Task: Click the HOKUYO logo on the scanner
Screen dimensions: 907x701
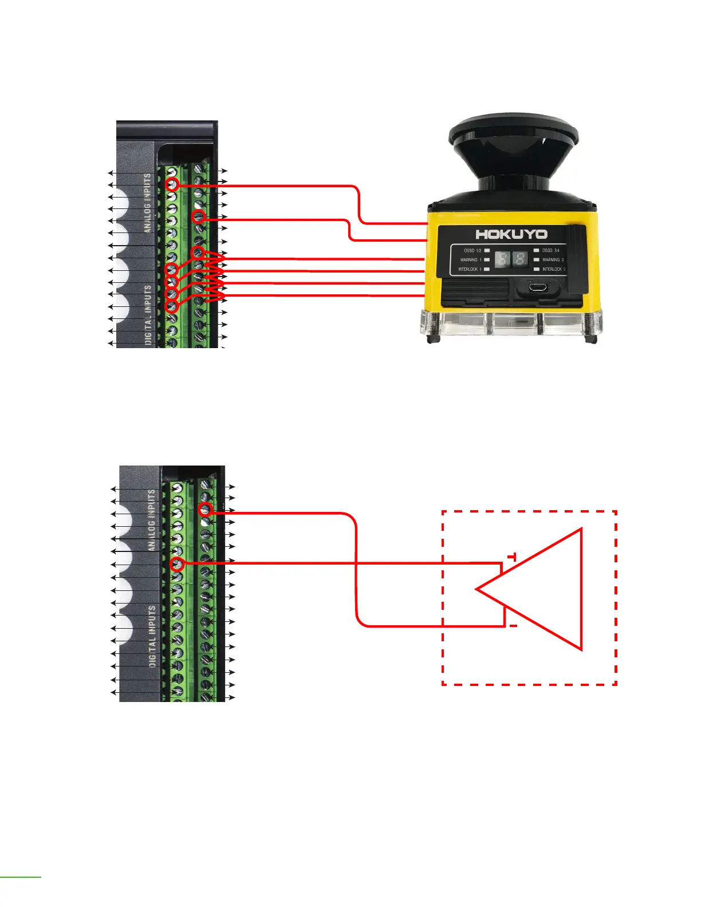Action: pyautogui.click(x=511, y=234)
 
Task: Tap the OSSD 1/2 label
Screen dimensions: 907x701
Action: pyautogui.click(x=472, y=251)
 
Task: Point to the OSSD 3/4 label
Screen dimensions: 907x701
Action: pyautogui.click(x=551, y=251)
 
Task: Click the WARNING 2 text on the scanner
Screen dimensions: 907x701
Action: pyautogui.click(x=553, y=260)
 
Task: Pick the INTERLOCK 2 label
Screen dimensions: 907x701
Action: pyautogui.click(x=554, y=269)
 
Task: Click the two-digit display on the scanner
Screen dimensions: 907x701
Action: pyautogui.click(x=511, y=259)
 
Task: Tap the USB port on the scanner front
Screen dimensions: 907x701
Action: pyautogui.click(x=537, y=287)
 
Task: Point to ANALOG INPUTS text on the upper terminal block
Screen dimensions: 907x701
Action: pyautogui.click(x=147, y=203)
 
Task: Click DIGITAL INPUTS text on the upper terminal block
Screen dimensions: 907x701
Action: pyautogui.click(x=148, y=314)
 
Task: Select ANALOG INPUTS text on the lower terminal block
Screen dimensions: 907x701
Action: pyautogui.click(x=152, y=520)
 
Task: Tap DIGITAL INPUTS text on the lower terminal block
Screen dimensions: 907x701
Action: pyautogui.click(x=152, y=636)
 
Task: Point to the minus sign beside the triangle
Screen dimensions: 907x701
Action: pyautogui.click(x=513, y=626)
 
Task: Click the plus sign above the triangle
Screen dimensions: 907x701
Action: pyautogui.click(x=512, y=557)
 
